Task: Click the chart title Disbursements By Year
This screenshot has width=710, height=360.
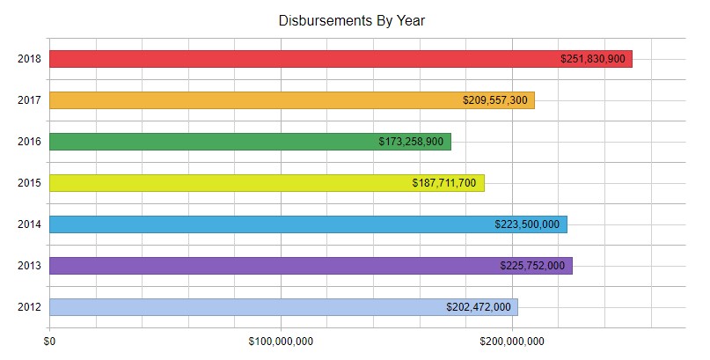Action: pyautogui.click(x=352, y=20)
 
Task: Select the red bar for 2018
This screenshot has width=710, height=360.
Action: pyautogui.click(x=299, y=59)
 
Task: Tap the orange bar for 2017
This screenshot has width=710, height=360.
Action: pyautogui.click(x=255, y=100)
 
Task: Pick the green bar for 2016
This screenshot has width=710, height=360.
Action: pyautogui.click(x=211, y=142)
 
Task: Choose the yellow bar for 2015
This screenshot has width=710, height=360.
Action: pyautogui.click(x=229, y=183)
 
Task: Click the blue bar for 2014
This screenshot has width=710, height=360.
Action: pyautogui.click(x=264, y=224)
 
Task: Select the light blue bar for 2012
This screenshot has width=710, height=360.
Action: pyautogui.click(x=246, y=307)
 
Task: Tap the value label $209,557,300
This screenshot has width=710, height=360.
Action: pyautogui.click(x=495, y=100)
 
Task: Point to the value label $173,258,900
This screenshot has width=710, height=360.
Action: pyautogui.click(x=411, y=142)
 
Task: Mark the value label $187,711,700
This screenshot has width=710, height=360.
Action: pyautogui.click(x=444, y=183)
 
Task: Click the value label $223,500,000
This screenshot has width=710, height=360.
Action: pyautogui.click(x=527, y=224)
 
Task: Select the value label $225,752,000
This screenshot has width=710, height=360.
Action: pyautogui.click(x=532, y=266)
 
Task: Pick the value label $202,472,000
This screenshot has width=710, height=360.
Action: pyautogui.click(x=479, y=307)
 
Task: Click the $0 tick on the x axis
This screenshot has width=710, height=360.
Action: pyautogui.click(x=50, y=341)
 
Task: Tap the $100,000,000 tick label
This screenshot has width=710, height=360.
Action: pyautogui.click(x=281, y=341)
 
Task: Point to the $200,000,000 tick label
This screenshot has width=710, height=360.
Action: pyautogui.click(x=512, y=341)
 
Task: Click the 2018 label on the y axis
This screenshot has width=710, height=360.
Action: pyautogui.click(x=28, y=59)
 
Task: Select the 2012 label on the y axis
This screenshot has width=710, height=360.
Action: pyautogui.click(x=28, y=307)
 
